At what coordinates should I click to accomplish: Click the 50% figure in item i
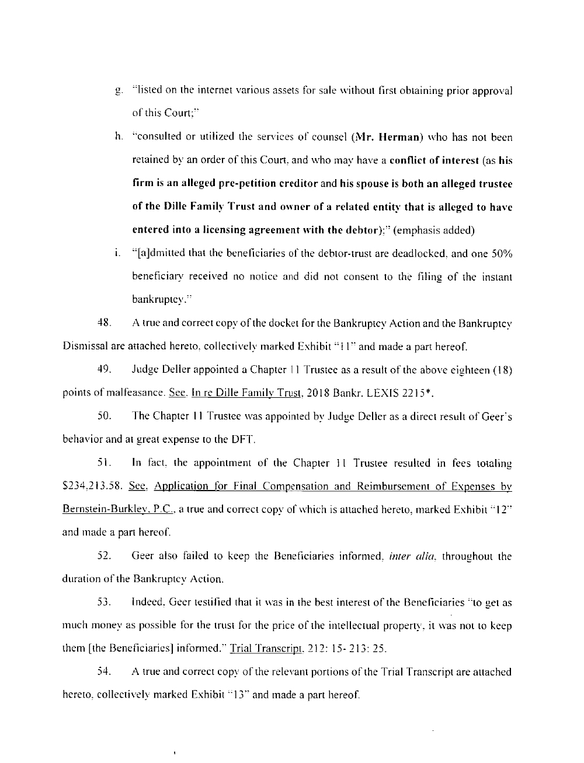502,254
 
